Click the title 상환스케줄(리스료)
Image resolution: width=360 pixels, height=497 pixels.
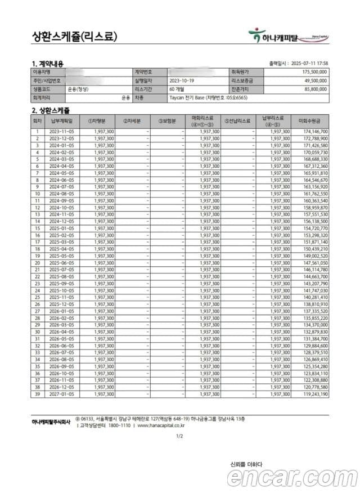pos(75,37)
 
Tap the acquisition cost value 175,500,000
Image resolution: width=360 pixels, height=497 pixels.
pos(314,73)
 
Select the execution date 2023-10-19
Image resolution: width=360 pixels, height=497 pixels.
pos(181,80)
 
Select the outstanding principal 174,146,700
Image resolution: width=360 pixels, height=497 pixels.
pos(314,131)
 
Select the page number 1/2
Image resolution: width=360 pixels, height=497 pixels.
pos(179,436)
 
